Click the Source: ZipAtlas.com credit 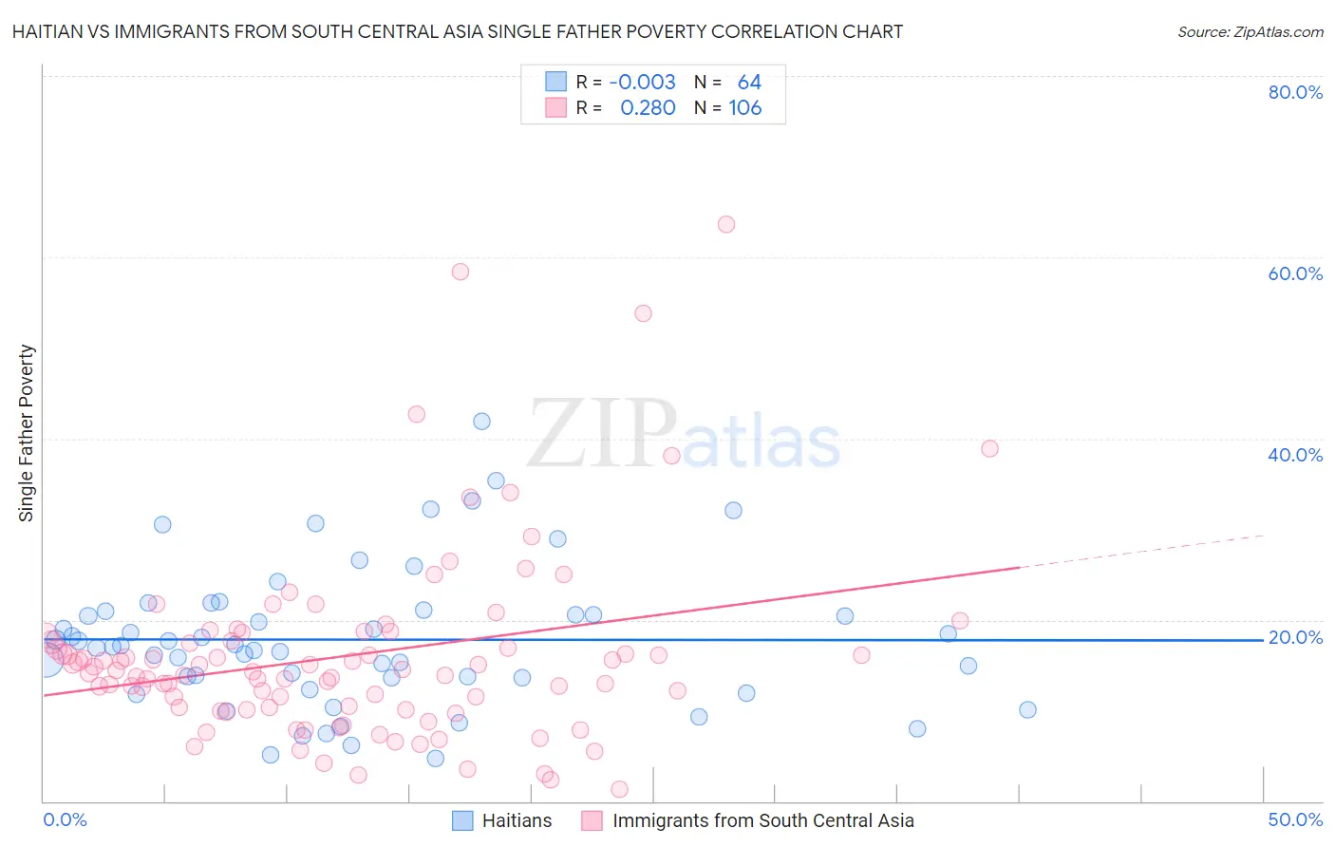coord(1250,32)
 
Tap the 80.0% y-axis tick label coord(1295,92)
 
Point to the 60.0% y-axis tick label coord(1295,273)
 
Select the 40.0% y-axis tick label coord(1295,455)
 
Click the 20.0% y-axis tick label coord(1295,637)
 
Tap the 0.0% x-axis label coord(65,819)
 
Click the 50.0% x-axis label coord(1295,819)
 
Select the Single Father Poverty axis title coord(27,433)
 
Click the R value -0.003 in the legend coord(642,83)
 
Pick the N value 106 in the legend coord(745,108)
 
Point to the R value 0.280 coord(648,108)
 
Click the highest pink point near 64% coord(726,224)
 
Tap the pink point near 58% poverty coord(461,272)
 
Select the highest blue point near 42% coord(481,422)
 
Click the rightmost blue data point coord(1027,709)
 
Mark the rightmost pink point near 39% coord(989,449)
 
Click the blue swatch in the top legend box coord(555,83)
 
